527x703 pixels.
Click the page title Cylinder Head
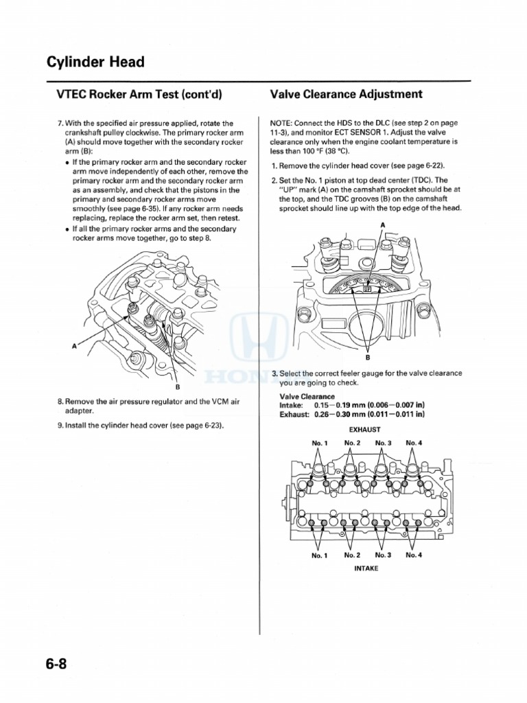[x=95, y=62]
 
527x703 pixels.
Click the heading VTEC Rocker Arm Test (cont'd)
[x=134, y=95]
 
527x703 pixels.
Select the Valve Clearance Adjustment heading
[x=346, y=94]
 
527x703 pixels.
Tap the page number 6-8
[x=60, y=665]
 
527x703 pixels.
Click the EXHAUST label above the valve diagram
[x=365, y=429]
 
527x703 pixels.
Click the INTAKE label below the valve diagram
[x=366, y=568]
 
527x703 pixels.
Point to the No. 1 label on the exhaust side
[x=320, y=443]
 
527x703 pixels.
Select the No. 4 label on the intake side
[x=414, y=555]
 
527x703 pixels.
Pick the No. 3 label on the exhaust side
[x=383, y=443]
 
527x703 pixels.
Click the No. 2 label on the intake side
[x=352, y=555]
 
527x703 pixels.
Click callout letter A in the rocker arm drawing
[x=74, y=347]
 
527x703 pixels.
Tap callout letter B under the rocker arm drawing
[x=177, y=387]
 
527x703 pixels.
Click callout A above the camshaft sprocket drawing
[x=382, y=225]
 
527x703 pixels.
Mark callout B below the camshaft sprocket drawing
[x=368, y=357]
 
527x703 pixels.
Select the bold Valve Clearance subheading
[x=307, y=397]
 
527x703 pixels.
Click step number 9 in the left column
[x=60, y=426]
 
